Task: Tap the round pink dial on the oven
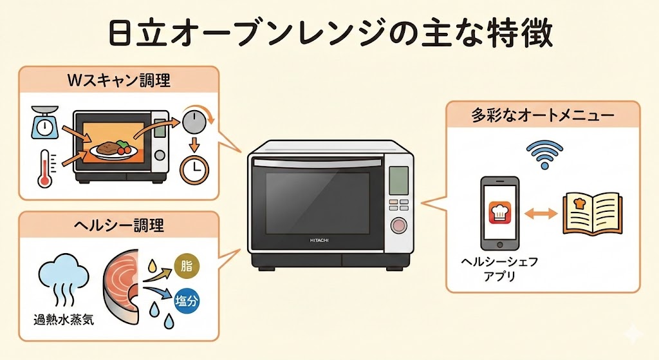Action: tap(399, 226)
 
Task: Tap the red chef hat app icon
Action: tap(500, 212)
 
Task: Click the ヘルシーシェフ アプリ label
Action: tap(492, 270)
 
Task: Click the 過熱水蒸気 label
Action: tap(63, 318)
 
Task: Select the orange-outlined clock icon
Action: tap(193, 169)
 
